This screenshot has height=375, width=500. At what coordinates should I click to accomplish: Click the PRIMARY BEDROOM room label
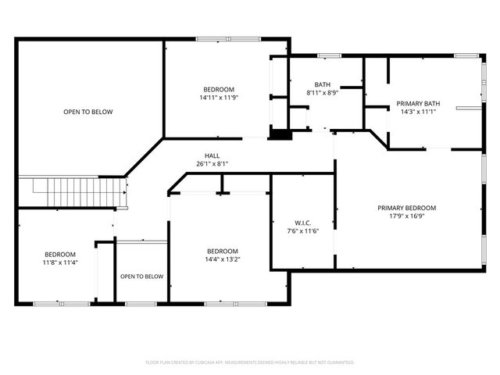406,208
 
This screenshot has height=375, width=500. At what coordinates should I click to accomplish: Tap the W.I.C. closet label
302,223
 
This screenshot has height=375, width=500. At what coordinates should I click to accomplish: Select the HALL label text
212,156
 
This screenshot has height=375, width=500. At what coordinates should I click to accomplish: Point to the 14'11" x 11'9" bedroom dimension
219,98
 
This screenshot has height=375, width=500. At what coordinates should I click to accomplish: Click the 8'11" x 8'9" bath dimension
323,93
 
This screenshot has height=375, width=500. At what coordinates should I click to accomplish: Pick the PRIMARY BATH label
418,104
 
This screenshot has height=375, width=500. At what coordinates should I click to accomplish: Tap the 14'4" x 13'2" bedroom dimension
222,259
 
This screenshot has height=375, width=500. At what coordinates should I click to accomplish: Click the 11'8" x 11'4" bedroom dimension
60,262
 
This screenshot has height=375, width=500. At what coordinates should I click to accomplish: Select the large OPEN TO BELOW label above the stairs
88,112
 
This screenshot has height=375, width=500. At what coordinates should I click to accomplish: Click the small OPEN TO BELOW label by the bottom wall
142,277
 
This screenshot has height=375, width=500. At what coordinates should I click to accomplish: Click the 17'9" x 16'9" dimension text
406,216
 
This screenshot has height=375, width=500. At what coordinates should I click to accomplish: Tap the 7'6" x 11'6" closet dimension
303,231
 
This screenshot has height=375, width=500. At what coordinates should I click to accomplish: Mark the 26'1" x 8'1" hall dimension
212,164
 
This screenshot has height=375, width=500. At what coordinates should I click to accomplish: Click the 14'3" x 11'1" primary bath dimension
418,112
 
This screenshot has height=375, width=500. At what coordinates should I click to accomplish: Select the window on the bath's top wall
330,55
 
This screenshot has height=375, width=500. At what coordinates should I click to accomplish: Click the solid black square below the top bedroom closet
280,134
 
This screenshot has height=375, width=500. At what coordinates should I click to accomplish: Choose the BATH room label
323,84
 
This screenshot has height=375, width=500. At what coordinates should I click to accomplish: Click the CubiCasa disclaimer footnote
250,362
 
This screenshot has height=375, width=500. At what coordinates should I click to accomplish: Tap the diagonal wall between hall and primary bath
379,139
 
